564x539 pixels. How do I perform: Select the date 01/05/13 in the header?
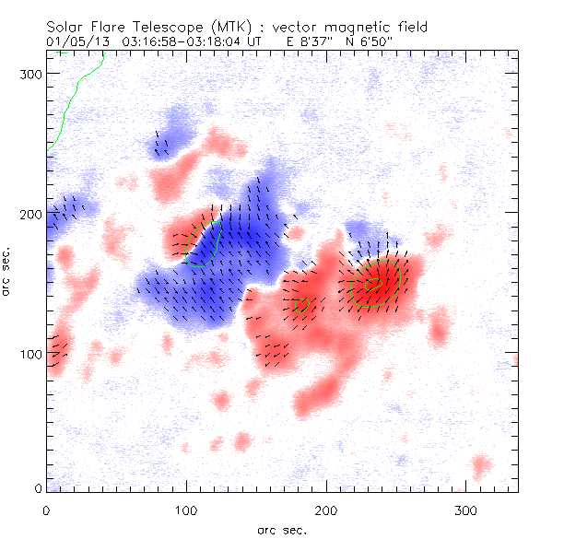click(74, 41)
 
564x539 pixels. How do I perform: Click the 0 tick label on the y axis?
click(37, 488)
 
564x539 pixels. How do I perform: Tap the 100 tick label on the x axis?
click(185, 510)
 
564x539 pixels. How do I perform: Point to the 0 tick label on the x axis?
click(46, 510)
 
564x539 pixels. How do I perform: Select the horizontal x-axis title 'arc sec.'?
click(281, 529)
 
